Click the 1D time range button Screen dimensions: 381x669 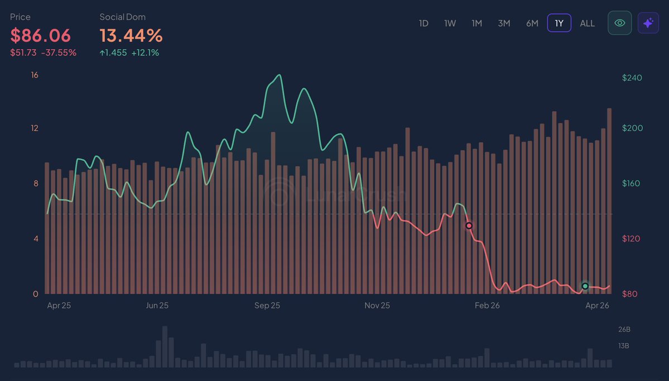pos(423,23)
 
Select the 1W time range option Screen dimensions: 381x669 pos(450,23)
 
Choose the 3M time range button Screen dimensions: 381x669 pos(504,23)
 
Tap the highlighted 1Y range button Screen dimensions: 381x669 pos(559,23)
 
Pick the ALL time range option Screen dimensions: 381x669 pos(587,23)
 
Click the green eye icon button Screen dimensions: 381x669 pos(619,23)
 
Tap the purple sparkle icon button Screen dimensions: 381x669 pos(648,23)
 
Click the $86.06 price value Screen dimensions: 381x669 pos(41,36)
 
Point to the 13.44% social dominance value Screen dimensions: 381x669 pos(131,36)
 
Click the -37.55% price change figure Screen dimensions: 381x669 pos(59,53)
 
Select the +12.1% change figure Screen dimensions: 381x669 pos(145,53)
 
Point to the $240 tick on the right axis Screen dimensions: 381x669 pos(632,78)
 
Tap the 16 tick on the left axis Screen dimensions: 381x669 pos(35,75)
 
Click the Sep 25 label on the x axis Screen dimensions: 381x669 pos(267,306)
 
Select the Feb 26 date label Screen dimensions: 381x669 pos(487,306)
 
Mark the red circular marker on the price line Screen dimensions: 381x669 pos(469,226)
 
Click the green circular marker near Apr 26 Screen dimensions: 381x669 pos(585,286)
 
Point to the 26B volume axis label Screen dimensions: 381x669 pos(624,329)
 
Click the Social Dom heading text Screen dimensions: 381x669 pos(122,17)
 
